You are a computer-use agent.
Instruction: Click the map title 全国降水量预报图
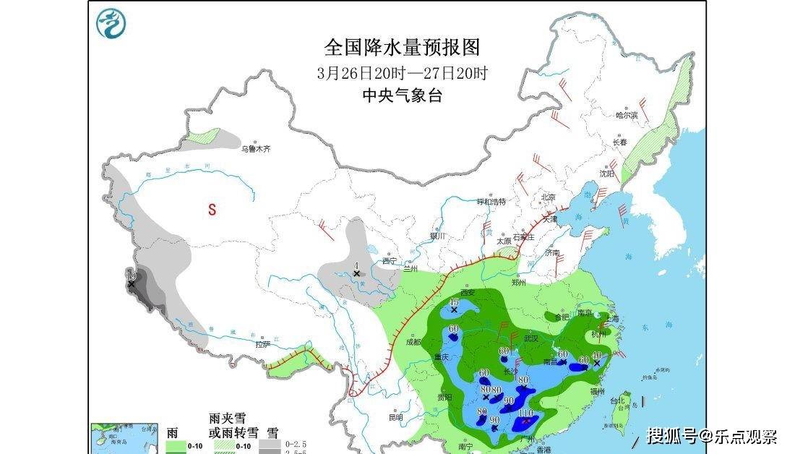click(x=401, y=48)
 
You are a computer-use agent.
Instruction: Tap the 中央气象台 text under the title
click(x=401, y=95)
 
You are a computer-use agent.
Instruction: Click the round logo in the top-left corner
click(x=112, y=23)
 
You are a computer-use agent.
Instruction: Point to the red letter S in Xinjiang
click(x=212, y=210)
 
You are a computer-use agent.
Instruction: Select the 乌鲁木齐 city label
click(x=257, y=148)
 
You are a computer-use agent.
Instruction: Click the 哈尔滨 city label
click(x=626, y=115)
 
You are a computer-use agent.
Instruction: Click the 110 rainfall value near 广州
click(x=525, y=413)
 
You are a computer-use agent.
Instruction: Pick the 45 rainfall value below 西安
click(x=454, y=302)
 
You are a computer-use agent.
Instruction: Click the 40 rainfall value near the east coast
click(x=596, y=355)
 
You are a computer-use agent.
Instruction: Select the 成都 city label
click(x=413, y=343)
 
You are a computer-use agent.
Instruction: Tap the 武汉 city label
click(x=531, y=338)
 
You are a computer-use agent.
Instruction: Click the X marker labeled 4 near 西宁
click(x=356, y=273)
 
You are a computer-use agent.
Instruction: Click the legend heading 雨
click(x=172, y=433)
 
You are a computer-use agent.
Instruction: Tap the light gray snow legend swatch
click(x=270, y=443)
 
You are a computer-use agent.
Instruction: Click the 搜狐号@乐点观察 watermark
click(x=711, y=436)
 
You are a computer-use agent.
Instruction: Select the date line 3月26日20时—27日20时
click(x=401, y=73)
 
